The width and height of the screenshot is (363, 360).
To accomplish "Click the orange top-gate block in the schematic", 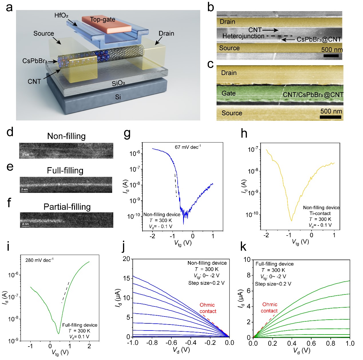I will [x=106, y=23].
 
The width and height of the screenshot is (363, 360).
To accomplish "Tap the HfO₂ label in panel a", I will [x=61, y=15].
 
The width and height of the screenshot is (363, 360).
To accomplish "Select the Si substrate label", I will [x=118, y=97].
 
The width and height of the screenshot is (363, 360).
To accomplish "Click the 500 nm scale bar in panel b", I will [x=331, y=56].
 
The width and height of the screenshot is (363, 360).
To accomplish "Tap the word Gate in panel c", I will [x=229, y=93].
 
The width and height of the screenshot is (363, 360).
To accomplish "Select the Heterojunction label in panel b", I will [x=243, y=36].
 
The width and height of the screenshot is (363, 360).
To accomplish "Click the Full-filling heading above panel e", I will [x=65, y=171].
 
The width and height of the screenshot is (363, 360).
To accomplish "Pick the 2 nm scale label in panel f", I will [x=25, y=224].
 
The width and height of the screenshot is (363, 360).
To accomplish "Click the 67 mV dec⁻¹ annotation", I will [x=188, y=147].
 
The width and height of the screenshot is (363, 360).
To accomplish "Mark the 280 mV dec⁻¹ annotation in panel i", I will [x=39, y=260].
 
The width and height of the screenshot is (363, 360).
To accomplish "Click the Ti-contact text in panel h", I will [x=320, y=213].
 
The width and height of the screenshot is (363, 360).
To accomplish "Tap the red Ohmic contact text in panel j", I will [x=208, y=308].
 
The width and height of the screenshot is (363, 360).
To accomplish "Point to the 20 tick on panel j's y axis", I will [x=126, y=259].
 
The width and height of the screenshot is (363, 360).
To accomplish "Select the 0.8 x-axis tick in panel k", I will [x=330, y=343].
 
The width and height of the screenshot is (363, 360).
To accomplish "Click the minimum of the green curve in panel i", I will [x=58, y=333].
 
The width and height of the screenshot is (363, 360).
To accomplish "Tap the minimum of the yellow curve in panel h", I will [x=291, y=221].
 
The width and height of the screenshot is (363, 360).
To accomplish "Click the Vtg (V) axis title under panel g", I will [x=183, y=243].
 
